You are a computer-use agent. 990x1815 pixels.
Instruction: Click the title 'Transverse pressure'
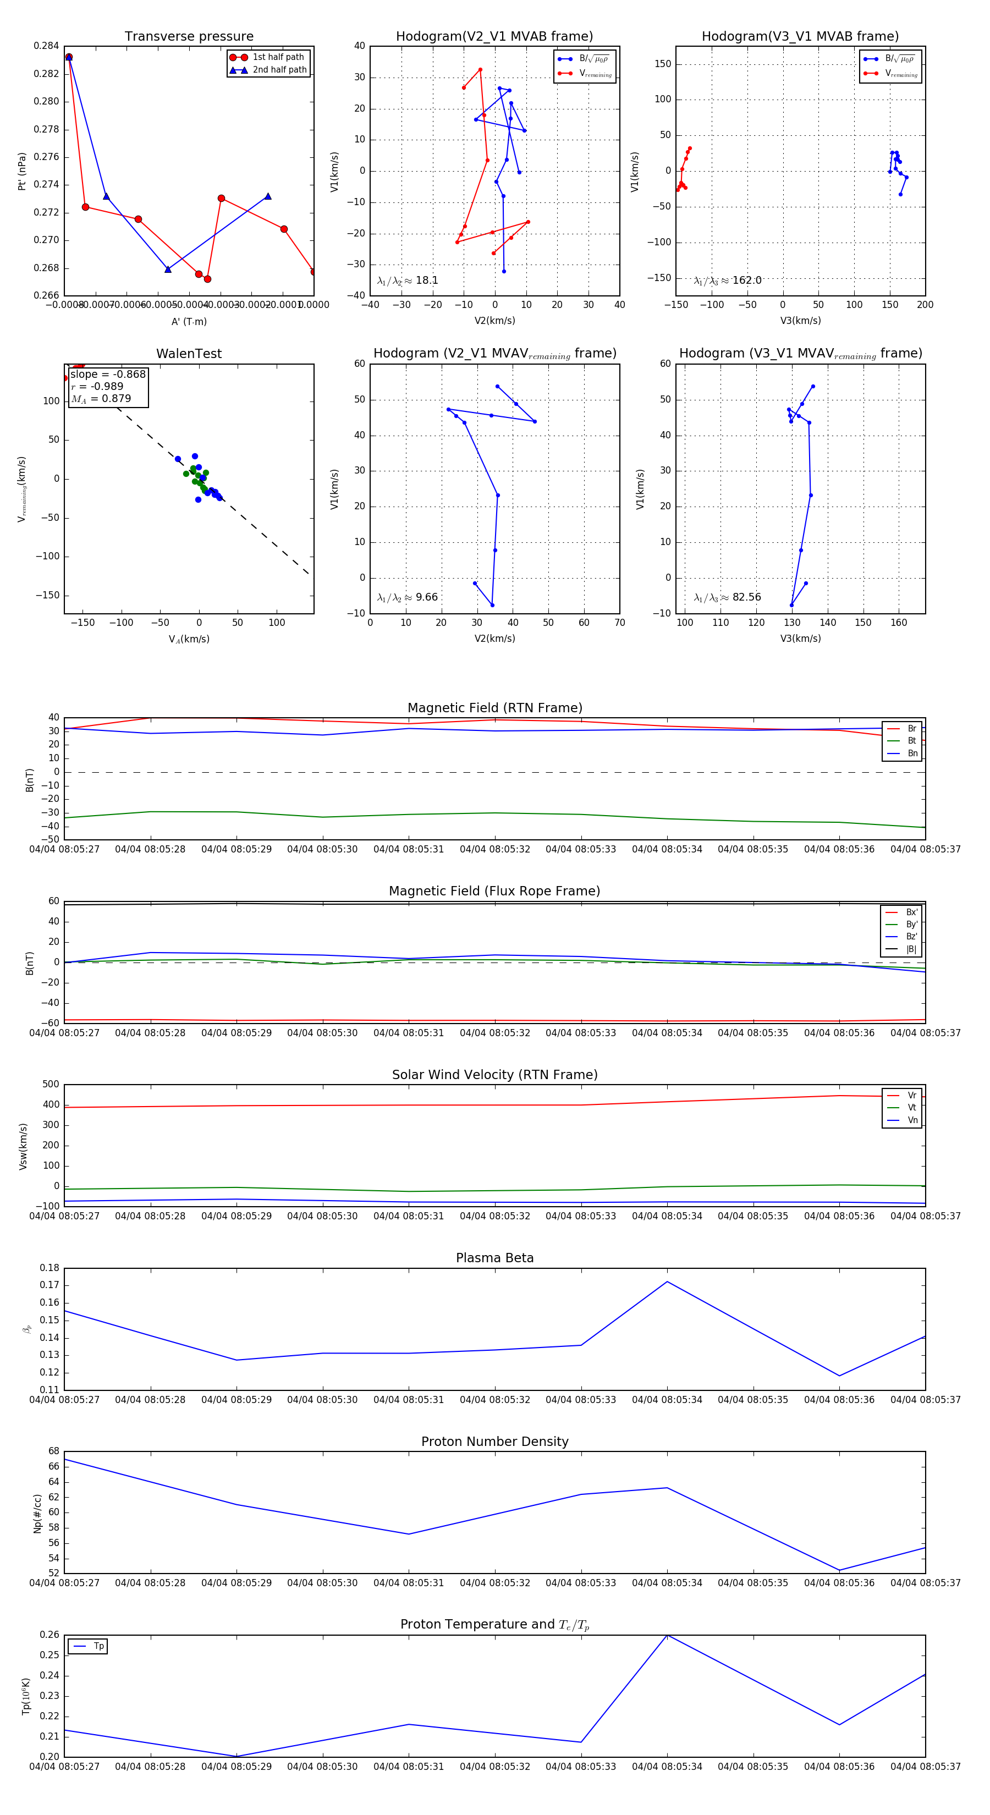pos(189,37)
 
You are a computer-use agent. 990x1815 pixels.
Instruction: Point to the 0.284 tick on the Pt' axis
pos(47,46)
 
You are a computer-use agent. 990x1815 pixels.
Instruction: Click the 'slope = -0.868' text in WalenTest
pos(108,374)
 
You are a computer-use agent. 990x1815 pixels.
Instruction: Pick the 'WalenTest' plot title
pos(189,354)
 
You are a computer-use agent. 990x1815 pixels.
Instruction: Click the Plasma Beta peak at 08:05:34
pos(667,1281)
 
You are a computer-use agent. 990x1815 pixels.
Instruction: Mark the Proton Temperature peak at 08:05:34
pos(667,1635)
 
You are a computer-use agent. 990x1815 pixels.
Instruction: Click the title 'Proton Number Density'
pos(494,1442)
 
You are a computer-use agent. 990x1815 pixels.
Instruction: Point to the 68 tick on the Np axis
pos(53,1451)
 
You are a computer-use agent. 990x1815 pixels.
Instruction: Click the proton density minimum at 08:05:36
pos(839,1570)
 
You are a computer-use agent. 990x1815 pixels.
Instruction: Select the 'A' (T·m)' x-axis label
pos(189,321)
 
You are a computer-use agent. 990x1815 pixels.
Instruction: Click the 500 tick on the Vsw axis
pos(51,1085)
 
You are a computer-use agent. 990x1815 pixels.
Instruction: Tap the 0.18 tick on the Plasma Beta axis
pos(50,1268)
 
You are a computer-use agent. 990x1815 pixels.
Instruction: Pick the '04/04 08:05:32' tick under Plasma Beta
pos(494,1400)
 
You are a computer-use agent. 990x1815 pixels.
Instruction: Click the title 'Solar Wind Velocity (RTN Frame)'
pos(494,1075)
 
